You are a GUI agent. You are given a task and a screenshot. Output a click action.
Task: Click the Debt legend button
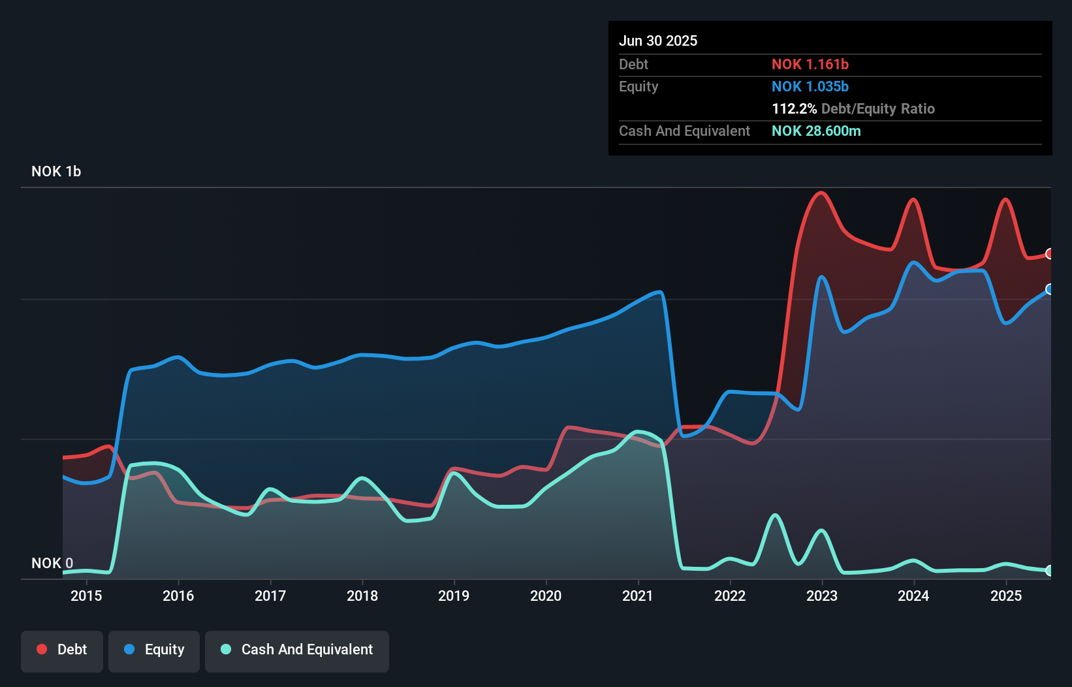pyautogui.click(x=62, y=650)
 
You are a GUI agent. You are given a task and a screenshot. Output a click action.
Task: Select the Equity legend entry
pyautogui.click(x=154, y=650)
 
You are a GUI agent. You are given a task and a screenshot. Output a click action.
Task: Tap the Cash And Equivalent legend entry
pyautogui.click(x=297, y=650)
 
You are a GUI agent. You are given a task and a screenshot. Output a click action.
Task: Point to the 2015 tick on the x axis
pyautogui.click(x=86, y=596)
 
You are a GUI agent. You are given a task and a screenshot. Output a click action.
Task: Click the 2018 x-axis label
pyautogui.click(x=362, y=596)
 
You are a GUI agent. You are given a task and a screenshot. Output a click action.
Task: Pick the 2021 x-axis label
pyautogui.click(x=638, y=596)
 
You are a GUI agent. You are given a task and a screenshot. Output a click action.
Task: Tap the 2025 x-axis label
pyautogui.click(x=1006, y=596)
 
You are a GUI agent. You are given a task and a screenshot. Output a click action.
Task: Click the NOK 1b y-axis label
pyautogui.click(x=56, y=171)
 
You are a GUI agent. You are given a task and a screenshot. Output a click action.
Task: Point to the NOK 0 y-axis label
pyautogui.click(x=52, y=563)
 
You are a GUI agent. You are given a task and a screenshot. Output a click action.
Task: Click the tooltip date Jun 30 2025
pyautogui.click(x=658, y=40)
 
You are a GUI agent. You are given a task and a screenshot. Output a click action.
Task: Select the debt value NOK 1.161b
pyautogui.click(x=810, y=64)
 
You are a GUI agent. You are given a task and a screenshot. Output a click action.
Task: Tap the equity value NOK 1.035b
pyautogui.click(x=810, y=86)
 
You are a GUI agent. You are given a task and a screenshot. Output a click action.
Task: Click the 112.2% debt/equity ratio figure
pyautogui.click(x=794, y=108)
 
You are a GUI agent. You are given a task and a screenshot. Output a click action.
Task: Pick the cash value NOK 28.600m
pyautogui.click(x=816, y=131)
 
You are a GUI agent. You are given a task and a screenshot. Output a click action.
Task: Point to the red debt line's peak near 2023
pyautogui.click(x=821, y=193)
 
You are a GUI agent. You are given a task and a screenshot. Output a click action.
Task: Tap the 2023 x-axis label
pyautogui.click(x=822, y=596)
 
